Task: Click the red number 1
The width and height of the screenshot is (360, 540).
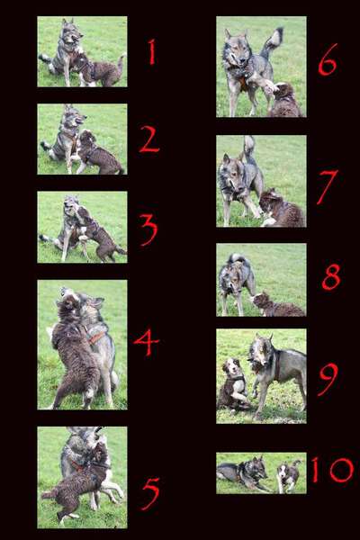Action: click(151, 52)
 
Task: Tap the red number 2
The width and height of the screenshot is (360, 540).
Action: click(149, 139)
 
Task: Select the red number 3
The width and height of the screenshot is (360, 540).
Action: click(148, 229)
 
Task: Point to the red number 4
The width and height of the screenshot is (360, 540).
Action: click(147, 342)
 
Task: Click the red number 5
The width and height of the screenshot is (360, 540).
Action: click(150, 492)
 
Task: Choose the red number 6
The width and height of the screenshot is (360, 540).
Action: click(328, 60)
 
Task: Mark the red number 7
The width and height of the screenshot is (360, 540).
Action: click(327, 186)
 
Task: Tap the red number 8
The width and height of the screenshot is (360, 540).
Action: click(330, 276)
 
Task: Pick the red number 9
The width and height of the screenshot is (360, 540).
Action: click(328, 379)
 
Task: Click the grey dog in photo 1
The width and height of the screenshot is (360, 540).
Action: click(63, 49)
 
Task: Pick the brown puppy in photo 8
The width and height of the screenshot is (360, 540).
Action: click(274, 306)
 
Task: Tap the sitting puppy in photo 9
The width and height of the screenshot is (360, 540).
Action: click(233, 385)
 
